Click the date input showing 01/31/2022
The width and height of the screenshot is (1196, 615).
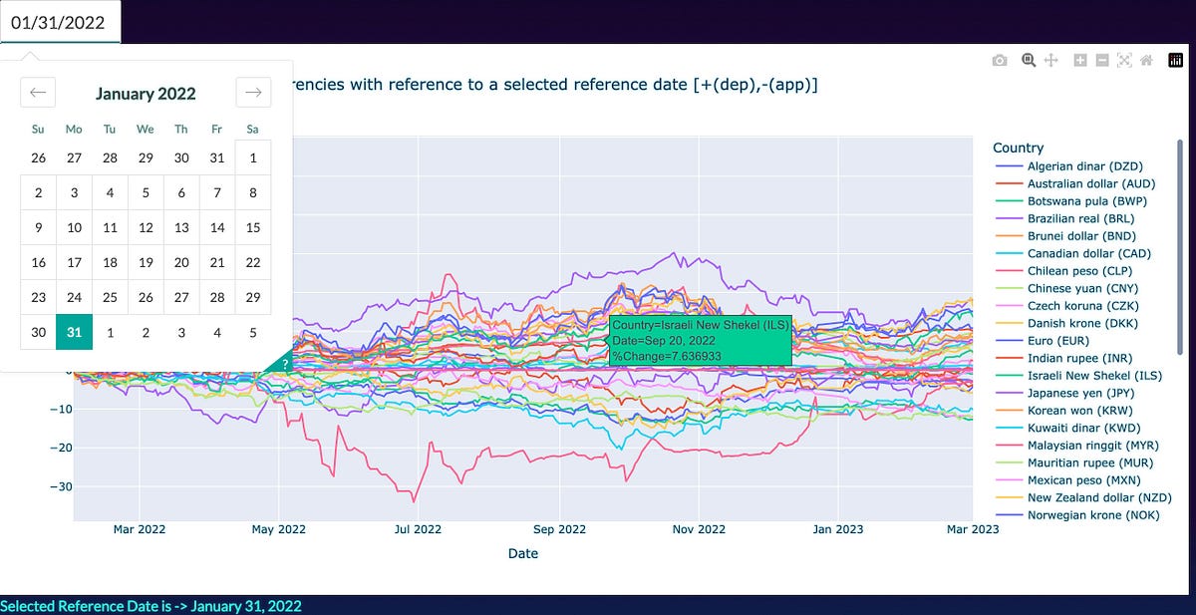pos(60,22)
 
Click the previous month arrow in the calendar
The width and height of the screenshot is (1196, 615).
pos(38,93)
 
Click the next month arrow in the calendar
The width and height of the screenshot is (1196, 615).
pos(253,93)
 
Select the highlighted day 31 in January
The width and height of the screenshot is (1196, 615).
pos(74,332)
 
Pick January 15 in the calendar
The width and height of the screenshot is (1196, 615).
pos(253,227)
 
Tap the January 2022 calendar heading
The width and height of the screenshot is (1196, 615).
pos(146,94)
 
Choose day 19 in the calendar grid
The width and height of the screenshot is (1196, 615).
pos(146,262)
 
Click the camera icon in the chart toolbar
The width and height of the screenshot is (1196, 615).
pos(1000,61)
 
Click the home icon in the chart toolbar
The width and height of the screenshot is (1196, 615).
pos(1146,61)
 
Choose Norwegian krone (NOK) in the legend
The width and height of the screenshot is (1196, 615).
pos(1081,515)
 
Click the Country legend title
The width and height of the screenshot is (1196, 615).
pos(1018,148)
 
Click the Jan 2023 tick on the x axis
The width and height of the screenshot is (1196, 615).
pos(835,529)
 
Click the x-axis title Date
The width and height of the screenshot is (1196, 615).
pos(522,553)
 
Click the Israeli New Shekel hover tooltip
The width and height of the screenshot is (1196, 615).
pos(701,341)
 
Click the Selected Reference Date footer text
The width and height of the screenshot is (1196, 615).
pos(150,606)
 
